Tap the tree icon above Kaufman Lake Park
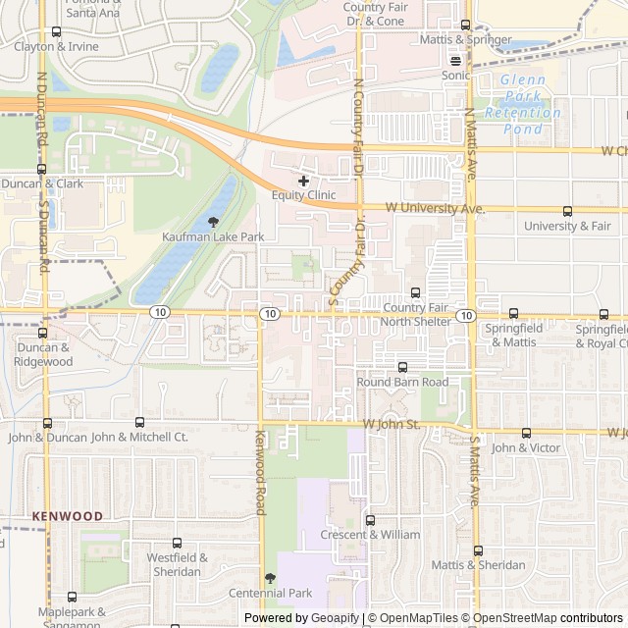pos(213,223)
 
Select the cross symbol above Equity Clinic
pos(303,181)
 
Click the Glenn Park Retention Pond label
pos(530,97)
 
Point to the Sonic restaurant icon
pos(455,60)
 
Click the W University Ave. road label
pos(435,208)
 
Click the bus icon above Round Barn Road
pos(402,367)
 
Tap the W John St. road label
pos(391,424)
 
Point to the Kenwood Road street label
pos(260,473)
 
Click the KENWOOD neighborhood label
pos(67,515)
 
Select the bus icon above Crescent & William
pos(370,520)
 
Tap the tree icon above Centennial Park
pos(271,578)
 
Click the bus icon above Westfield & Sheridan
pos(177,543)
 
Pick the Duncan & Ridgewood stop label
pos(43,354)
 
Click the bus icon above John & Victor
pos(526,433)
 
